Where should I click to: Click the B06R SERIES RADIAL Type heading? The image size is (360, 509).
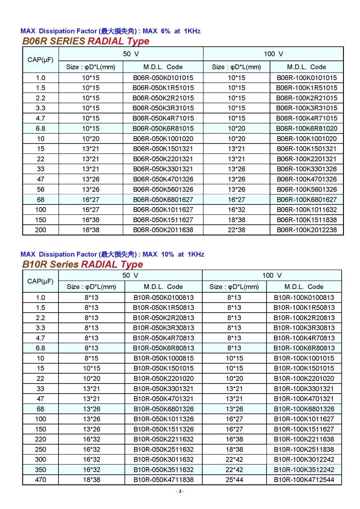point(86,41)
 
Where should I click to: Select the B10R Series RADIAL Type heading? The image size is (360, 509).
point(82,264)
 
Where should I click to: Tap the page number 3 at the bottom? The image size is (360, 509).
point(180,491)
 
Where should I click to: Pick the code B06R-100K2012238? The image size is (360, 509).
point(307,230)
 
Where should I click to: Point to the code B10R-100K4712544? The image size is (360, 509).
point(304,480)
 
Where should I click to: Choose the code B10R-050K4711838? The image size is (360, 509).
point(163,480)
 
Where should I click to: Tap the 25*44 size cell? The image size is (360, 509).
point(234,480)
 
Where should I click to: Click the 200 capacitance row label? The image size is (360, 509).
point(41,230)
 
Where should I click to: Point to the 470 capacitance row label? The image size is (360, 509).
point(41,480)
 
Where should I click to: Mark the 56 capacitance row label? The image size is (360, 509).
point(41,189)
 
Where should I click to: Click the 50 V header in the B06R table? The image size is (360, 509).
point(131,54)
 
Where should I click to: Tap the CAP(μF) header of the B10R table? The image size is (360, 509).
point(41,281)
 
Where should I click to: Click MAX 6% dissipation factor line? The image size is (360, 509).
point(110,31)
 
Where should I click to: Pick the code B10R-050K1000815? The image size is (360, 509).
point(163,358)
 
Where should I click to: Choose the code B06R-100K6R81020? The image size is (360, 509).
point(307,128)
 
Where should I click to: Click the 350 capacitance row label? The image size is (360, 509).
point(41,470)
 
